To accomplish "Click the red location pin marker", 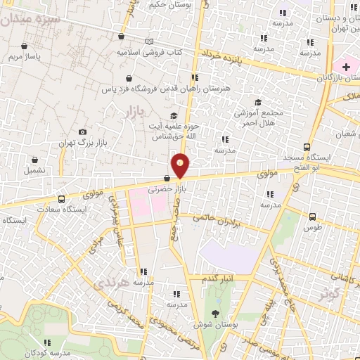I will pyautogui.click(x=181, y=166).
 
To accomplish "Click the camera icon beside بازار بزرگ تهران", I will pyautogui.click(x=83, y=131).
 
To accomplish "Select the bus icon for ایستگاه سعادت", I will pyautogui.click(x=61, y=199).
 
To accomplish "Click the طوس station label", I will pyautogui.click(x=313, y=227).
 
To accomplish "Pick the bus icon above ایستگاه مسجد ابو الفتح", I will pyautogui.click(x=307, y=147).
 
